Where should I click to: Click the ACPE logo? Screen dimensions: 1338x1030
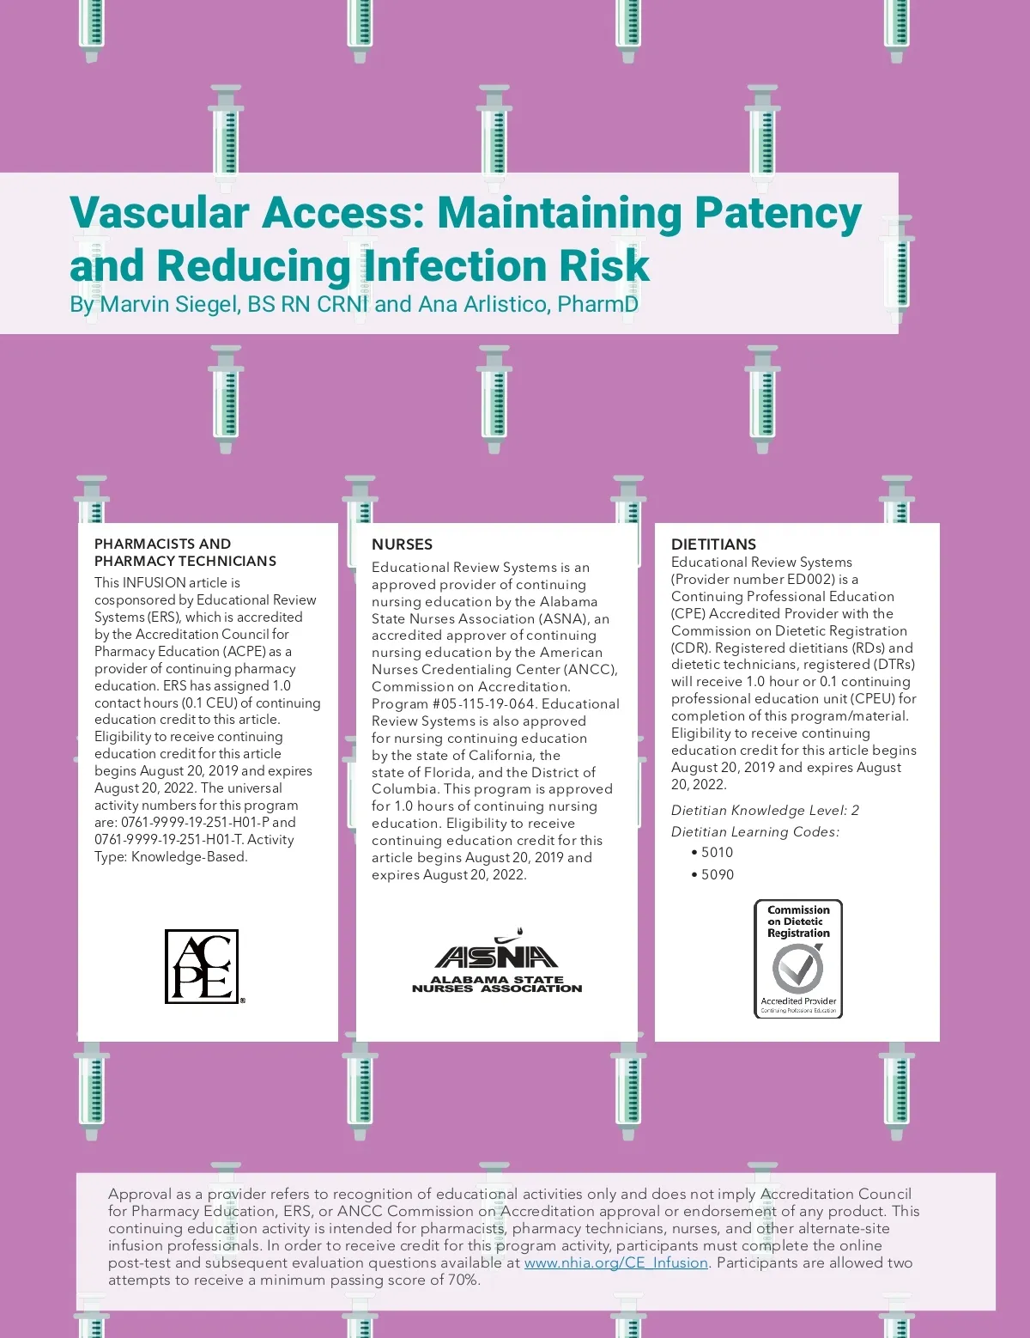pyautogui.click(x=203, y=966)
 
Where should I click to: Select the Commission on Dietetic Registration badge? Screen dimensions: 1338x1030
pyautogui.click(x=798, y=958)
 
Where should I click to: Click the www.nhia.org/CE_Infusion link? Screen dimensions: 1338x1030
pyautogui.click(x=615, y=1262)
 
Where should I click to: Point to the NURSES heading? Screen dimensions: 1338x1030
pyautogui.click(x=402, y=544)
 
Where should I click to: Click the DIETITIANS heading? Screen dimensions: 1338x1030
pyautogui.click(x=713, y=544)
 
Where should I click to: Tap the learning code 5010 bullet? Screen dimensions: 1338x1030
pyautogui.click(x=712, y=852)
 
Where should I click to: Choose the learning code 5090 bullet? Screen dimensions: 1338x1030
pyautogui.click(x=712, y=874)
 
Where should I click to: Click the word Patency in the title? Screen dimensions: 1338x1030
pyautogui.click(x=778, y=213)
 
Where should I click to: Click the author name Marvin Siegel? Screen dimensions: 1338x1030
pyautogui.click(x=170, y=305)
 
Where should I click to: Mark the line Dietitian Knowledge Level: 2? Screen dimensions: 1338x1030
pyautogui.click(x=765, y=810)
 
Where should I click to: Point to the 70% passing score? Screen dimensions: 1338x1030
pyautogui.click(x=461, y=1280)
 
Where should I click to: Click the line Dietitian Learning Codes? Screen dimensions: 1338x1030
pyautogui.click(x=755, y=831)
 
